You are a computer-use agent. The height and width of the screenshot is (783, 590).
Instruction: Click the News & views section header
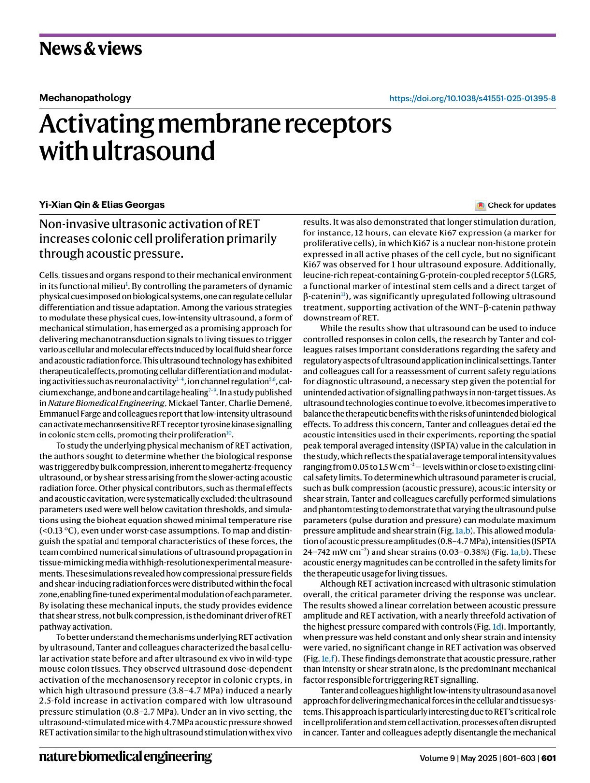tap(90, 49)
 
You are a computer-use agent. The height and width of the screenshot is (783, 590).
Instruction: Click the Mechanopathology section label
tap(85, 98)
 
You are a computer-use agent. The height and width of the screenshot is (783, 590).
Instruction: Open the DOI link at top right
tap(472, 98)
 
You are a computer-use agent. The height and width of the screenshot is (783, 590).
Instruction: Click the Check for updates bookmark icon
tap(480, 205)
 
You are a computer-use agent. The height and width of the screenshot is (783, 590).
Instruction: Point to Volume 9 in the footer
tap(437, 758)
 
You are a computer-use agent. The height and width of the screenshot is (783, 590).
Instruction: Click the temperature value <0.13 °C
tap(57, 531)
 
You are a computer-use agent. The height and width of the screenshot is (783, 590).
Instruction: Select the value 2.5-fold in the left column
tap(56, 701)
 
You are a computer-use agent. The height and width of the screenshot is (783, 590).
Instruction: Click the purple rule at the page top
tap(297, 35)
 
